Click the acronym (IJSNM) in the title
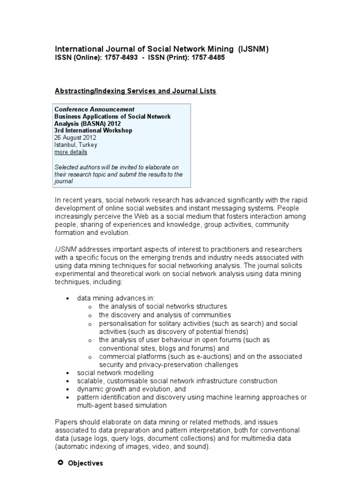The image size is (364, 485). tap(254, 49)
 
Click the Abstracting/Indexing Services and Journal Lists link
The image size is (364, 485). tap(136, 91)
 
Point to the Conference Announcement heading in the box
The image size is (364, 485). tap(95, 109)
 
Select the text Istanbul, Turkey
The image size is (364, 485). tap(76, 145)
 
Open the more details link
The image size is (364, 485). tap(71, 152)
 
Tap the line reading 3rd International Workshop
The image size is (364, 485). tap(93, 131)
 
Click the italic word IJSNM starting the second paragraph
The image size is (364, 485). tap(66, 249)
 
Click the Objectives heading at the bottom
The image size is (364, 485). tap(85, 463)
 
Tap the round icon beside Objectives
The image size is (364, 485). tap(60, 463)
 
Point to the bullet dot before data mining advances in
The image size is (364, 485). tap(69, 299)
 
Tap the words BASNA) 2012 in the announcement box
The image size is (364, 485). tap(98, 124)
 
